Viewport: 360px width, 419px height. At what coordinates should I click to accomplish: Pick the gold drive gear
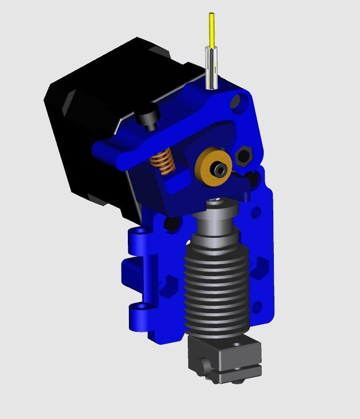click(x=214, y=167)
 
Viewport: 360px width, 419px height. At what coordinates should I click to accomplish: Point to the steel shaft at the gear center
click(x=219, y=169)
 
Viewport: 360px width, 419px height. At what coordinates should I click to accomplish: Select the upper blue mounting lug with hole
click(x=140, y=233)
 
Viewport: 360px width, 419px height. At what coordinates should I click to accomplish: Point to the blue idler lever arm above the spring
click(x=139, y=150)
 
